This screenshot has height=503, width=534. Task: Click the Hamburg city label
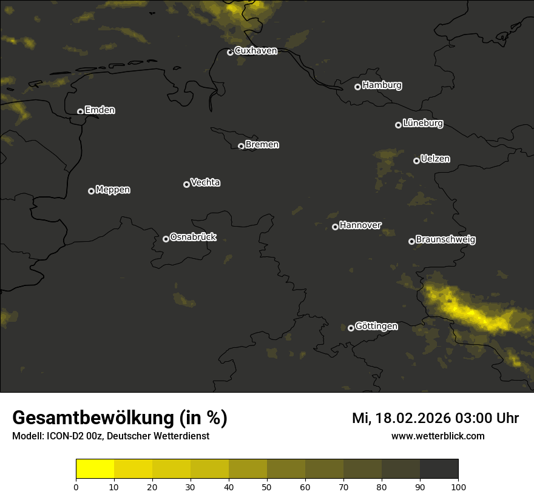[x=382, y=85]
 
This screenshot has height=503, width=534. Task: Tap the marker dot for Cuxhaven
[x=230, y=52]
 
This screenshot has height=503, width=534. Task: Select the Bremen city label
[x=262, y=145]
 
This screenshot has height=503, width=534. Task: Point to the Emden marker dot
[x=80, y=112]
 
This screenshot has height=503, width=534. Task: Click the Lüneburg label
[x=422, y=124]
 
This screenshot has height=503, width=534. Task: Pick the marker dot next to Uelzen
[x=416, y=161]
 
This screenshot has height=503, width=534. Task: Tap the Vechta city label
[x=205, y=182]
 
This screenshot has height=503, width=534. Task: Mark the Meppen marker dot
[x=91, y=191]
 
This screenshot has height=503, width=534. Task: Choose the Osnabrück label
[x=193, y=238]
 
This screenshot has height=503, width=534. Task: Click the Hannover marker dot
[x=335, y=227]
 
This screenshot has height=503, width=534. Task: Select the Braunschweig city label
[x=445, y=240]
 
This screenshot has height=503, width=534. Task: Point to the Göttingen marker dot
[x=351, y=328]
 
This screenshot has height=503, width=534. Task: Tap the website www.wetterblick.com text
[x=438, y=436]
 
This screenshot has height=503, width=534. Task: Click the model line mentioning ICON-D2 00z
[x=110, y=436]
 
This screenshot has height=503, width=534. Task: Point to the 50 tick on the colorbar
[x=267, y=486]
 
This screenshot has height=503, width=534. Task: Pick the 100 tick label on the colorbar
[x=458, y=486]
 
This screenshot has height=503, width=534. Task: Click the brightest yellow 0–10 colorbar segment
[x=95, y=469]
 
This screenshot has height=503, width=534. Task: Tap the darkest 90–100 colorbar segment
[x=439, y=469]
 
